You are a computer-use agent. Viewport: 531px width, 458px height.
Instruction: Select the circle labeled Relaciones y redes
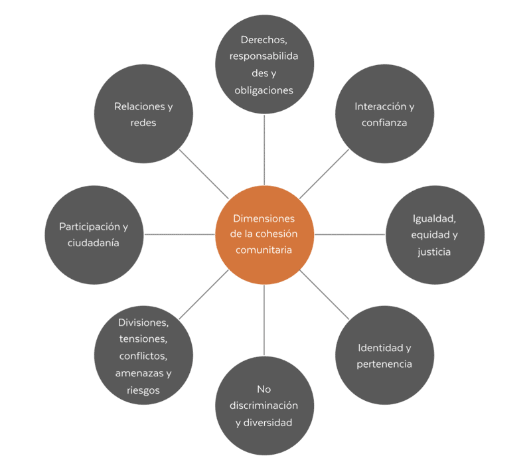pyautogui.click(x=143, y=114)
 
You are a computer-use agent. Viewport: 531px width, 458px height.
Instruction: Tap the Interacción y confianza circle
pyautogui.click(x=384, y=114)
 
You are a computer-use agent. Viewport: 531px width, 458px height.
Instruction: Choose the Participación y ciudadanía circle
pyautogui.click(x=94, y=234)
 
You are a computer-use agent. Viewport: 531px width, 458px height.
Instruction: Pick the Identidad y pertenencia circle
pyautogui.click(x=384, y=355)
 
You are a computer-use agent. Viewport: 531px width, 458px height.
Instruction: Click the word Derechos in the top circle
pyautogui.click(x=264, y=39)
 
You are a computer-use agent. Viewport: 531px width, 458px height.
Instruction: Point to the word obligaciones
pyautogui.click(x=264, y=90)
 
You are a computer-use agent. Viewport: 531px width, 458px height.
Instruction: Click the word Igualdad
pyautogui.click(x=435, y=218)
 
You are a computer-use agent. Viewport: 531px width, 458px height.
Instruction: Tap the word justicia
pyautogui.click(x=435, y=252)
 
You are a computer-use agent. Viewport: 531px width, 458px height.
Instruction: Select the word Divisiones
pyautogui.click(x=143, y=323)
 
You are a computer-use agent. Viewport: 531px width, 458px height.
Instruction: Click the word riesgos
pyautogui.click(x=143, y=390)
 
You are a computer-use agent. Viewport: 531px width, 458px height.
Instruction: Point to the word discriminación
pyautogui.click(x=264, y=406)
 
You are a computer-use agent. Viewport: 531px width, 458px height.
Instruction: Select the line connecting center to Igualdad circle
pyautogui.click(x=349, y=234)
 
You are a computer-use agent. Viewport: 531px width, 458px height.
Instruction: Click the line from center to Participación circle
pyautogui.click(x=179, y=234)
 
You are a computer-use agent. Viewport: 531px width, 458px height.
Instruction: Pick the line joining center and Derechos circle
pyautogui.click(x=264, y=149)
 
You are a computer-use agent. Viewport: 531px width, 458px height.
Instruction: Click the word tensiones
pyautogui.click(x=143, y=339)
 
